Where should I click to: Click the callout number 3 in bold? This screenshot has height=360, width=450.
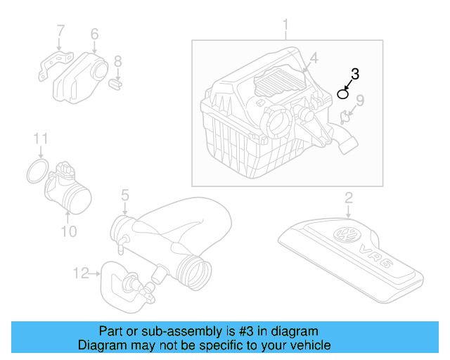tap(355, 73)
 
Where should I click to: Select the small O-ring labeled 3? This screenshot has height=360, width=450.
tap(343, 94)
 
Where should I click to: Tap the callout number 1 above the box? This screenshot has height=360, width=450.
tap(285, 27)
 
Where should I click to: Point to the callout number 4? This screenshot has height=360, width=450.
tap(314, 58)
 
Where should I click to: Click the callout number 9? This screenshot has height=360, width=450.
tap(359, 101)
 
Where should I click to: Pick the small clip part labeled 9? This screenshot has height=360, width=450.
tap(345, 117)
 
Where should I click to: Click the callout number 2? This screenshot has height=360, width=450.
tap(348, 198)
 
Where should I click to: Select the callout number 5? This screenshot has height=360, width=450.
tap(124, 193)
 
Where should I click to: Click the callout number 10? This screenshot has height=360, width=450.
tap(68, 231)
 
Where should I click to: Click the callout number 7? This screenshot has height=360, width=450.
tap(60, 30)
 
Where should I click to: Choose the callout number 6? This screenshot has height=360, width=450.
tap(94, 33)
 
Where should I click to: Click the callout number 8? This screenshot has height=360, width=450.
tap(117, 61)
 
